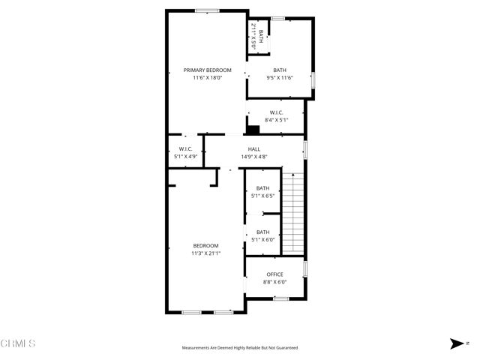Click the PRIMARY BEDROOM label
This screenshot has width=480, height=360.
207,70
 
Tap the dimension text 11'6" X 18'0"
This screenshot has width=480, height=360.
207,77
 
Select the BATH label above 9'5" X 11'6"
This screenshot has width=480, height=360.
279,70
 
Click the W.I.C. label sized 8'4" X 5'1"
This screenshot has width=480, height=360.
276,112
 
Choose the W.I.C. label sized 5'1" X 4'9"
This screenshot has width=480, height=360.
185,149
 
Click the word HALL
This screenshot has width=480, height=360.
253,149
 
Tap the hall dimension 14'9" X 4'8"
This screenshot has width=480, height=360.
253,157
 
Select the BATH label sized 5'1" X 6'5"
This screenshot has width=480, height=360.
262,188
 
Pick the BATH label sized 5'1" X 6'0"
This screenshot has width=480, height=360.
262,232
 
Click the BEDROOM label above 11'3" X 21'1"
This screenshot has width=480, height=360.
205,246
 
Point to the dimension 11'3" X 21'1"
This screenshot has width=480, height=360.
205,253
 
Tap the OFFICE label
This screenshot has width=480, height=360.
274,274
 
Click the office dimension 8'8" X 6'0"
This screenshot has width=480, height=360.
274,282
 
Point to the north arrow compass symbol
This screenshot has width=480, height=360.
456,343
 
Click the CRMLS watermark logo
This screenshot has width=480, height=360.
18,343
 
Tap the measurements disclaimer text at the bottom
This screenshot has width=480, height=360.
240,348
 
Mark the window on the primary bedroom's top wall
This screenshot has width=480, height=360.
207,10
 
